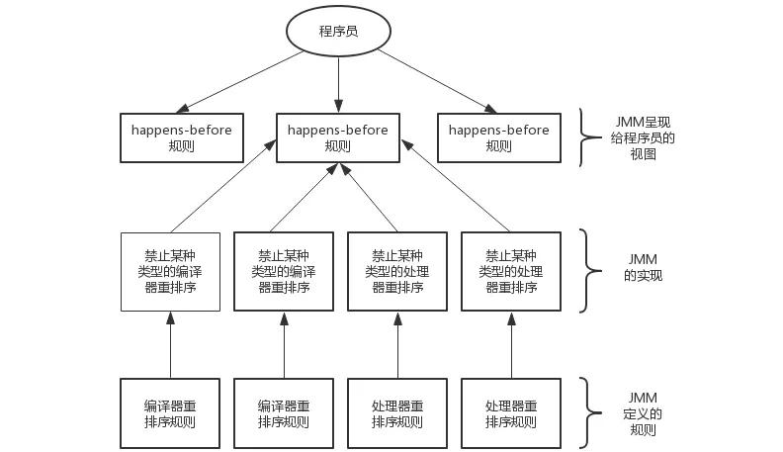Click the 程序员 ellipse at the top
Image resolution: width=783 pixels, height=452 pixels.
click(338, 32)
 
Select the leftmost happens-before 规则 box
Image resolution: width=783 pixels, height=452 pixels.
click(181, 137)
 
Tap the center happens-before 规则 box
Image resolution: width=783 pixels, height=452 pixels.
click(338, 137)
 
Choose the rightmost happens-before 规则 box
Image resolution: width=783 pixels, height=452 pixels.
click(499, 137)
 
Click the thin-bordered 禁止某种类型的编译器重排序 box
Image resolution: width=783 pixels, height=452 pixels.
click(170, 271)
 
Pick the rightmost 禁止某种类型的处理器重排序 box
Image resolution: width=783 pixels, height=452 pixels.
click(511, 271)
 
